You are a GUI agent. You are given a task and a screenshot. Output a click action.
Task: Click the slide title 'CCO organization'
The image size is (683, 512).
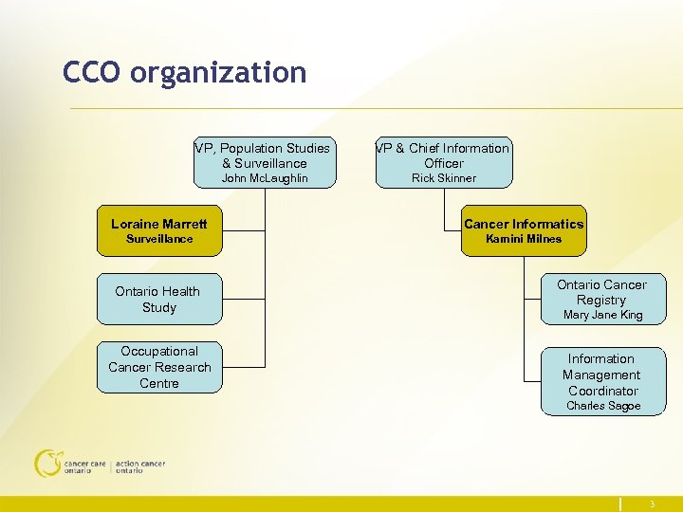pyautogui.click(x=185, y=72)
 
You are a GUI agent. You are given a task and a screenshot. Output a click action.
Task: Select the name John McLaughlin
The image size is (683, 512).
pyautogui.click(x=265, y=178)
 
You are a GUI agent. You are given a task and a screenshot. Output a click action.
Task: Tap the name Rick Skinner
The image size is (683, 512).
pyautogui.click(x=444, y=178)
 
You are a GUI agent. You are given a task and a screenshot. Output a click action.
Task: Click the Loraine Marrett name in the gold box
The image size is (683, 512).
pyautogui.click(x=159, y=224)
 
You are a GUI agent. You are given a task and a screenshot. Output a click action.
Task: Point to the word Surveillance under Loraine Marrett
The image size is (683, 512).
pyautogui.click(x=159, y=239)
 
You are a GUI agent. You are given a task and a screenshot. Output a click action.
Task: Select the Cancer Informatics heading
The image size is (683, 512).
pyautogui.click(x=524, y=224)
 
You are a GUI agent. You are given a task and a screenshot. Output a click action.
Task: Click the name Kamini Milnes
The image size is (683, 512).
pyautogui.click(x=524, y=239)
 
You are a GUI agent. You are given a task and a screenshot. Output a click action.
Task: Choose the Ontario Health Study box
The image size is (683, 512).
pyautogui.click(x=159, y=300)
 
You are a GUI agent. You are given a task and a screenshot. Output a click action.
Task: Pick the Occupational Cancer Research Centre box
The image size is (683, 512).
pyautogui.click(x=159, y=367)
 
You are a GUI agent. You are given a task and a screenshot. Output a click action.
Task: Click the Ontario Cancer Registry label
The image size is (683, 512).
pyautogui.click(x=601, y=292)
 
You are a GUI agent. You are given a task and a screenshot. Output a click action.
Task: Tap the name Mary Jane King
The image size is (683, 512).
pyautogui.click(x=602, y=315)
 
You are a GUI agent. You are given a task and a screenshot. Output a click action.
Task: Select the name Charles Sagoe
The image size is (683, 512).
pyautogui.click(x=603, y=406)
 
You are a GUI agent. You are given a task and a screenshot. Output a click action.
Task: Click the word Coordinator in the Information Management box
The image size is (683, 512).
pyautogui.click(x=603, y=391)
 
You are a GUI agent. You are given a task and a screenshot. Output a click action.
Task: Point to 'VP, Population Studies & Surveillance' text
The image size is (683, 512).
pyautogui.click(x=264, y=155)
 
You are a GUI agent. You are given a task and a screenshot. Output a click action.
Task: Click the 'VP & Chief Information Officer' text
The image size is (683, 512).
pyautogui.click(x=444, y=155)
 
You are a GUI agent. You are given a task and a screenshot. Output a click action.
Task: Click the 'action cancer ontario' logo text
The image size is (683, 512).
pyautogui.click(x=140, y=467)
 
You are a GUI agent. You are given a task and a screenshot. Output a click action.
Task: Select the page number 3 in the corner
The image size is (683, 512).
pyautogui.click(x=653, y=504)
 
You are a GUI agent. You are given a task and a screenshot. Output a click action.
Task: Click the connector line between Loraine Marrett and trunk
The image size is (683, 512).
pyautogui.click(x=244, y=230)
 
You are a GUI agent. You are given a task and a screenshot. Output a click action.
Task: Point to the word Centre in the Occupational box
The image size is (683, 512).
pyautogui.click(x=159, y=383)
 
